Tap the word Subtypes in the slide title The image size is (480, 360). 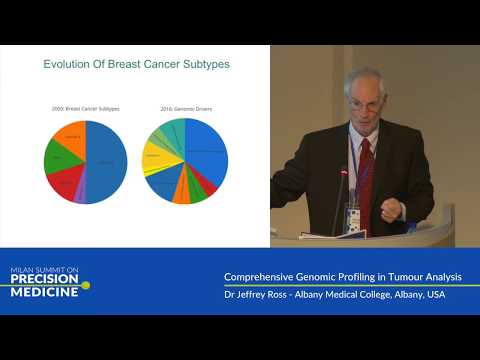point(204,64)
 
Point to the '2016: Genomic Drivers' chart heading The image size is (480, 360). point(185,107)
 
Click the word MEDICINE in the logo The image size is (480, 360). point(46,292)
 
